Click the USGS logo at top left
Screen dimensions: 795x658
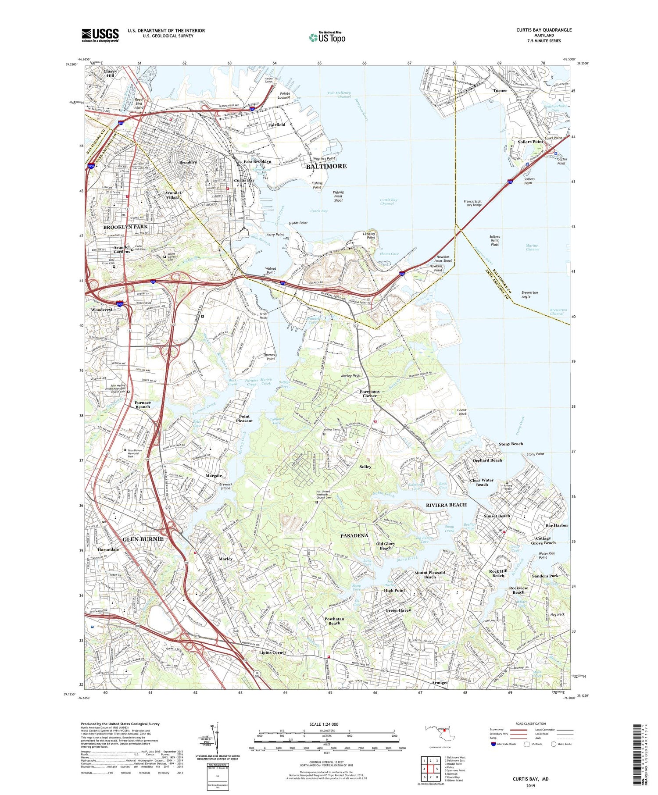(100, 35)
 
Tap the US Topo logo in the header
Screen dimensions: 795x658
(327, 38)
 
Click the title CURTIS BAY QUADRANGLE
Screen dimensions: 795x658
(544, 30)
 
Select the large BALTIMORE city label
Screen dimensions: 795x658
(326, 166)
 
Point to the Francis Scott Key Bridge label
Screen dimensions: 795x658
(472, 203)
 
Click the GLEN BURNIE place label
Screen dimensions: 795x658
(143, 538)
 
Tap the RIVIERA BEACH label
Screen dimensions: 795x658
(446, 505)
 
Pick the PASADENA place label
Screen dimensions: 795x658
(354, 535)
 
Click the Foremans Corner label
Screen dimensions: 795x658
(369, 393)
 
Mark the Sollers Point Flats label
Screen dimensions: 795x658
(494, 240)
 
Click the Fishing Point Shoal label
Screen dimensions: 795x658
(338, 196)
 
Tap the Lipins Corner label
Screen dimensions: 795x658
(272, 652)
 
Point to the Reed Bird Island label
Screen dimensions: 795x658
(139, 103)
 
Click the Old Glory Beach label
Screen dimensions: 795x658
(386, 545)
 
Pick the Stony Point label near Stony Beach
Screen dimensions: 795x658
(535, 454)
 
